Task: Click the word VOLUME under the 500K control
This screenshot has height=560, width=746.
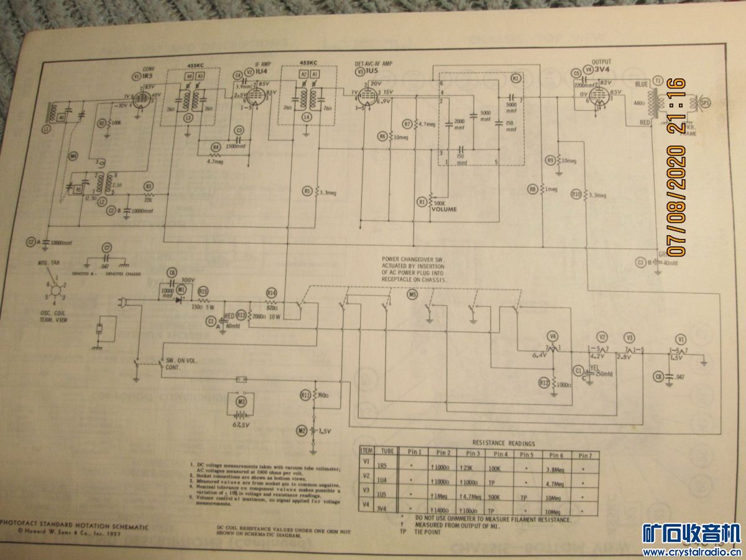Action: [x=443, y=209]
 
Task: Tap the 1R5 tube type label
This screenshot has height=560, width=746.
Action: [x=147, y=76]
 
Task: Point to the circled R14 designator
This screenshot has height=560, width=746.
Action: [x=271, y=292]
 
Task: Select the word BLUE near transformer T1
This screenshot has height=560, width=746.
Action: [x=642, y=85]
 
